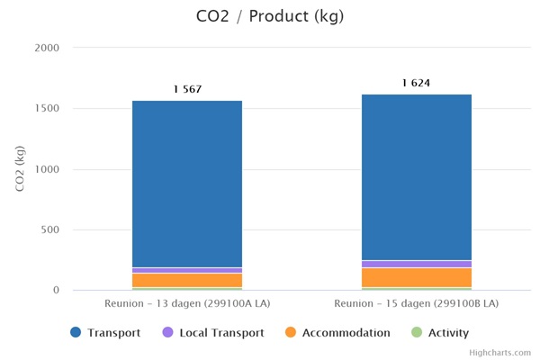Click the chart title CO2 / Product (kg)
(x=269, y=16)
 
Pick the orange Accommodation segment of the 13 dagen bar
(x=187, y=280)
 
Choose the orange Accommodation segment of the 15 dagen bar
(x=416, y=277)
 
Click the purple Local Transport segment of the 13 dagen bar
(x=187, y=270)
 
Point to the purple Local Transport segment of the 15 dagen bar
(x=416, y=264)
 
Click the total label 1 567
(x=187, y=89)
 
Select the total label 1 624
(x=416, y=83)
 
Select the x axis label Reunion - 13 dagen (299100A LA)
(x=187, y=304)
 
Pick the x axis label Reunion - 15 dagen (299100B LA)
(x=416, y=304)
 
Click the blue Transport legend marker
(x=76, y=333)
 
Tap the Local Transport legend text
(x=221, y=333)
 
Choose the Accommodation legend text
(x=346, y=333)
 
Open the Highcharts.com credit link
(x=499, y=353)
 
